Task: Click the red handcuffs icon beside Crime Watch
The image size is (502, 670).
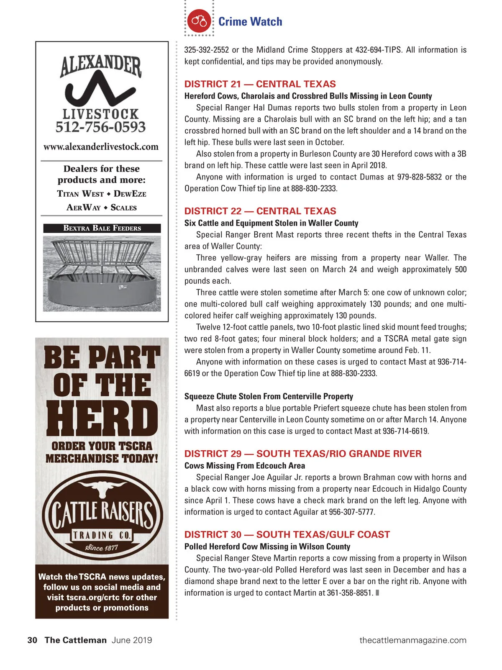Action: click(199, 21)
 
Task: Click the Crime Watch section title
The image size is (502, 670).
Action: click(250, 21)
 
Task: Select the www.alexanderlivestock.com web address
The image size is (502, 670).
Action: click(101, 147)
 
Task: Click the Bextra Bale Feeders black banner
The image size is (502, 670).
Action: click(102, 228)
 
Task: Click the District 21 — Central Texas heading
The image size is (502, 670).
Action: click(260, 84)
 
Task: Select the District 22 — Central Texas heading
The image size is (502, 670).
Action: click(260, 211)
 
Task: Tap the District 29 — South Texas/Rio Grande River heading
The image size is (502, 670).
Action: click(303, 454)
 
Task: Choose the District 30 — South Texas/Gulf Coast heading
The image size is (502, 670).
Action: click(287, 534)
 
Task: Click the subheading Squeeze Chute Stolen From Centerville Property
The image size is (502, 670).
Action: click(269, 396)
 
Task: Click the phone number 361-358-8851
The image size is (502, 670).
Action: click(350, 593)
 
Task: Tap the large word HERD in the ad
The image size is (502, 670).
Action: click(102, 419)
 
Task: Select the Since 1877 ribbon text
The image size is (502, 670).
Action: click(102, 547)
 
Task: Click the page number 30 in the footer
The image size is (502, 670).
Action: click(32, 640)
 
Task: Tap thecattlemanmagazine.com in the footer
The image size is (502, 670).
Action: click(412, 640)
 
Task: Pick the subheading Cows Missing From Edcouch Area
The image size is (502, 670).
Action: click(245, 465)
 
